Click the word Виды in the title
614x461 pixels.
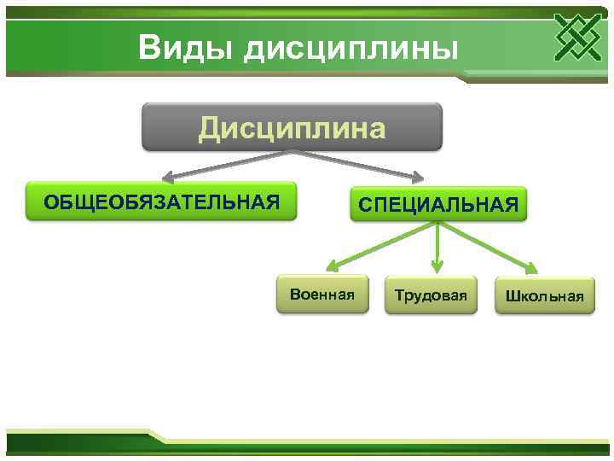(x=186, y=47)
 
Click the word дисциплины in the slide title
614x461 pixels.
(x=351, y=49)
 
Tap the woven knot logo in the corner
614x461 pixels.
(x=577, y=38)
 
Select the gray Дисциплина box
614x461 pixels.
(x=292, y=127)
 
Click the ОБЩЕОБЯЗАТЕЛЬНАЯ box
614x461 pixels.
(x=161, y=201)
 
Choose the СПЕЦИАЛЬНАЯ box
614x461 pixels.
(x=438, y=205)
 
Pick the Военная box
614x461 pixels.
(x=321, y=295)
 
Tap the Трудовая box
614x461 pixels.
(x=431, y=295)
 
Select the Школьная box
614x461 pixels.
(x=544, y=296)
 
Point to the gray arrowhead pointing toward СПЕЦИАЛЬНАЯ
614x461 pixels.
(x=416, y=179)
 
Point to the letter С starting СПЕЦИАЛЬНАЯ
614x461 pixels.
(x=365, y=205)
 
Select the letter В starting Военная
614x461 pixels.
(x=294, y=295)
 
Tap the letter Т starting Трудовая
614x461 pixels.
(x=398, y=295)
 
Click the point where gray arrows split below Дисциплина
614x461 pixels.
(x=293, y=152)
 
